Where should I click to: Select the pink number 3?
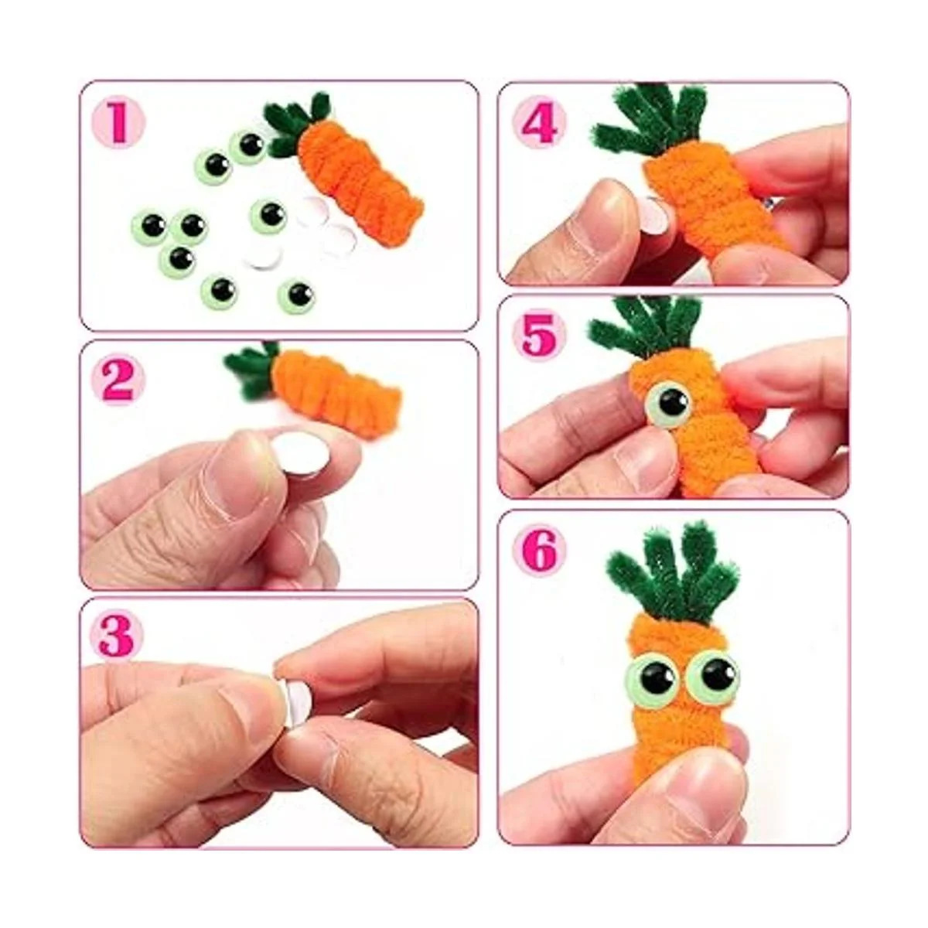click(x=116, y=636)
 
